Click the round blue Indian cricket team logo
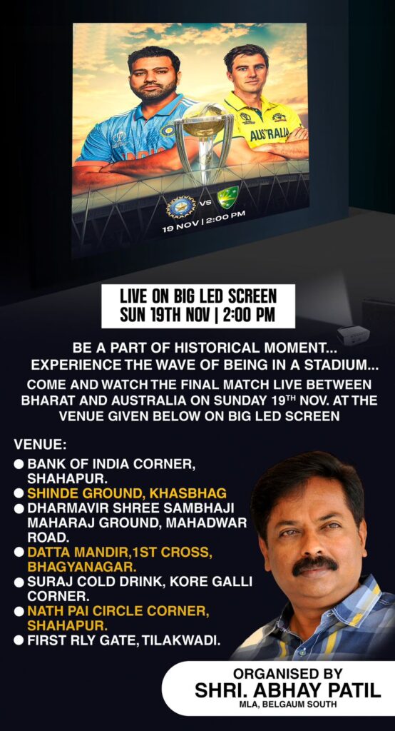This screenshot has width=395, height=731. (180, 206)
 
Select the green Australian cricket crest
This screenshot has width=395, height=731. (227, 196)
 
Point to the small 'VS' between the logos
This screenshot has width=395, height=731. (206, 202)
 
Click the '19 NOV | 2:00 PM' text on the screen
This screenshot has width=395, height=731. (203, 221)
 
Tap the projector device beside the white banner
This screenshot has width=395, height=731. (353, 335)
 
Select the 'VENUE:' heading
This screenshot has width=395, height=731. (40, 444)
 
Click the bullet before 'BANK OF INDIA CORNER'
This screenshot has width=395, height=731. (19, 465)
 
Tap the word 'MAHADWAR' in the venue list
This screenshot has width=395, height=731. (206, 523)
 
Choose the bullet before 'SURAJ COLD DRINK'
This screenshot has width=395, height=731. (19, 583)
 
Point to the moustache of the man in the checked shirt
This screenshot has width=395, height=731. (315, 565)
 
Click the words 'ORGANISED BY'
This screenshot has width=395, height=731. (288, 673)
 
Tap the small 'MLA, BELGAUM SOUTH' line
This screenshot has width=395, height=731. (287, 704)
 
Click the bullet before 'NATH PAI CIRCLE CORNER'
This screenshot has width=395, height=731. (19, 612)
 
